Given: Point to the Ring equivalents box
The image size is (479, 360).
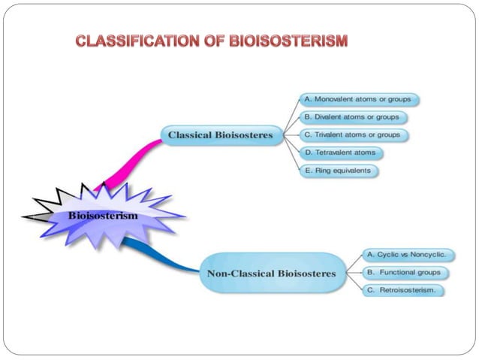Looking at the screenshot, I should [338, 171].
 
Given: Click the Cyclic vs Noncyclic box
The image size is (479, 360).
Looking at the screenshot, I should [409, 254].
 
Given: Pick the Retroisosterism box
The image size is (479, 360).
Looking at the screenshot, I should [404, 290].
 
